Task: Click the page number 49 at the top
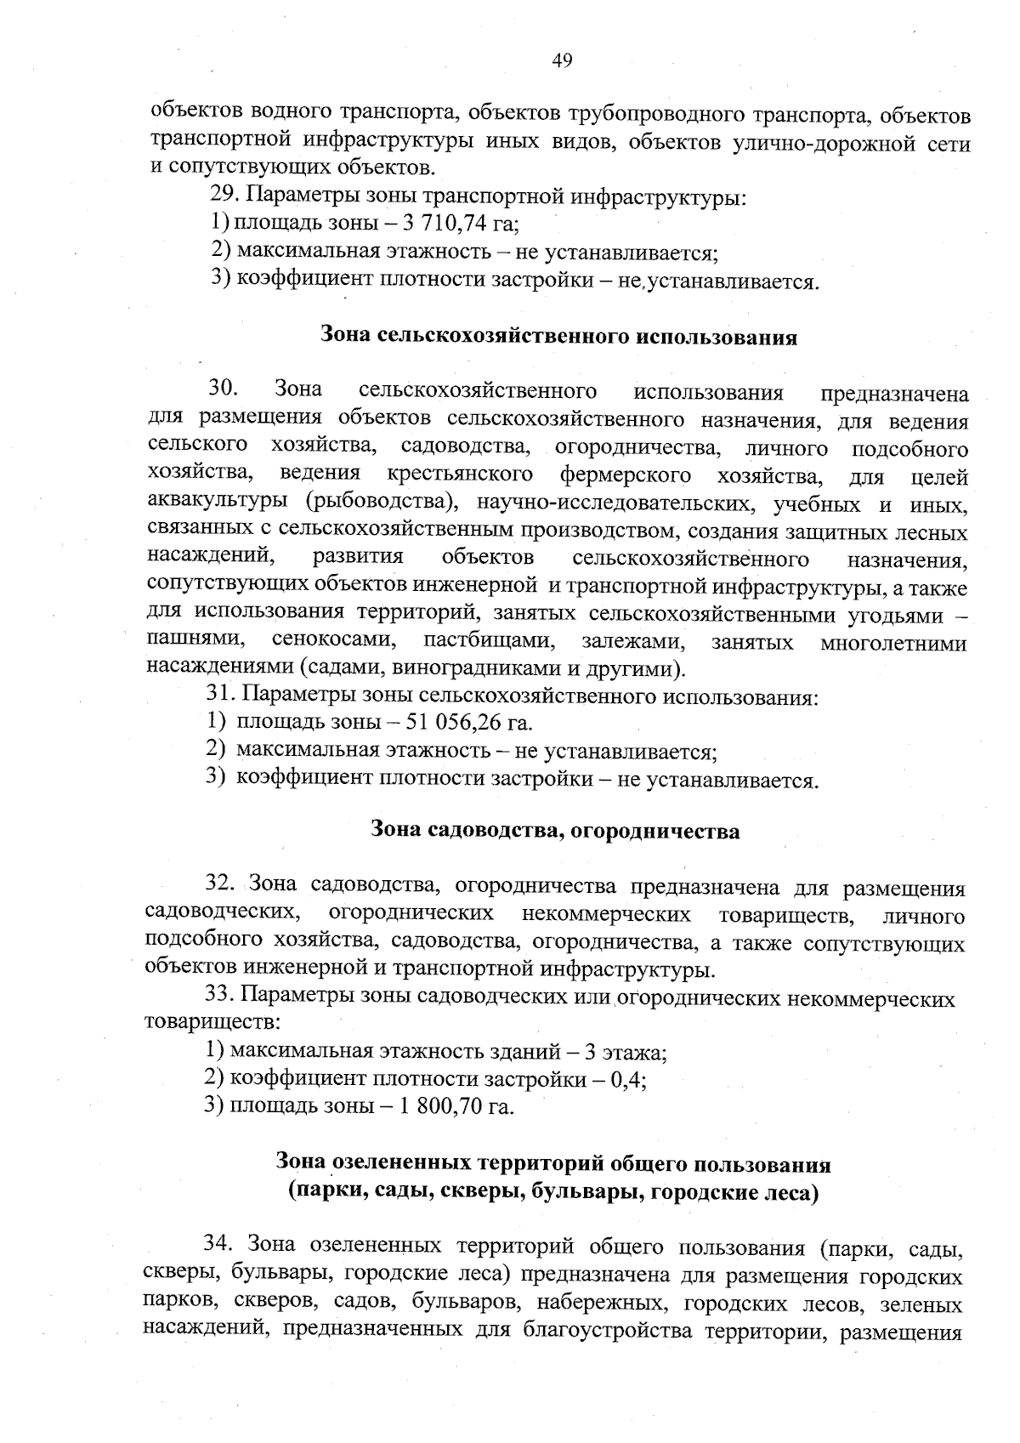click(x=562, y=60)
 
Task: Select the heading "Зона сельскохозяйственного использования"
click(x=558, y=337)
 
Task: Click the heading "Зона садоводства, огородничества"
click(x=556, y=831)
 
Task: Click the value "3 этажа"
click(x=626, y=1053)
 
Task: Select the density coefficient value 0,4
click(x=632, y=1080)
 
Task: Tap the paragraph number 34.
click(x=218, y=1246)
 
